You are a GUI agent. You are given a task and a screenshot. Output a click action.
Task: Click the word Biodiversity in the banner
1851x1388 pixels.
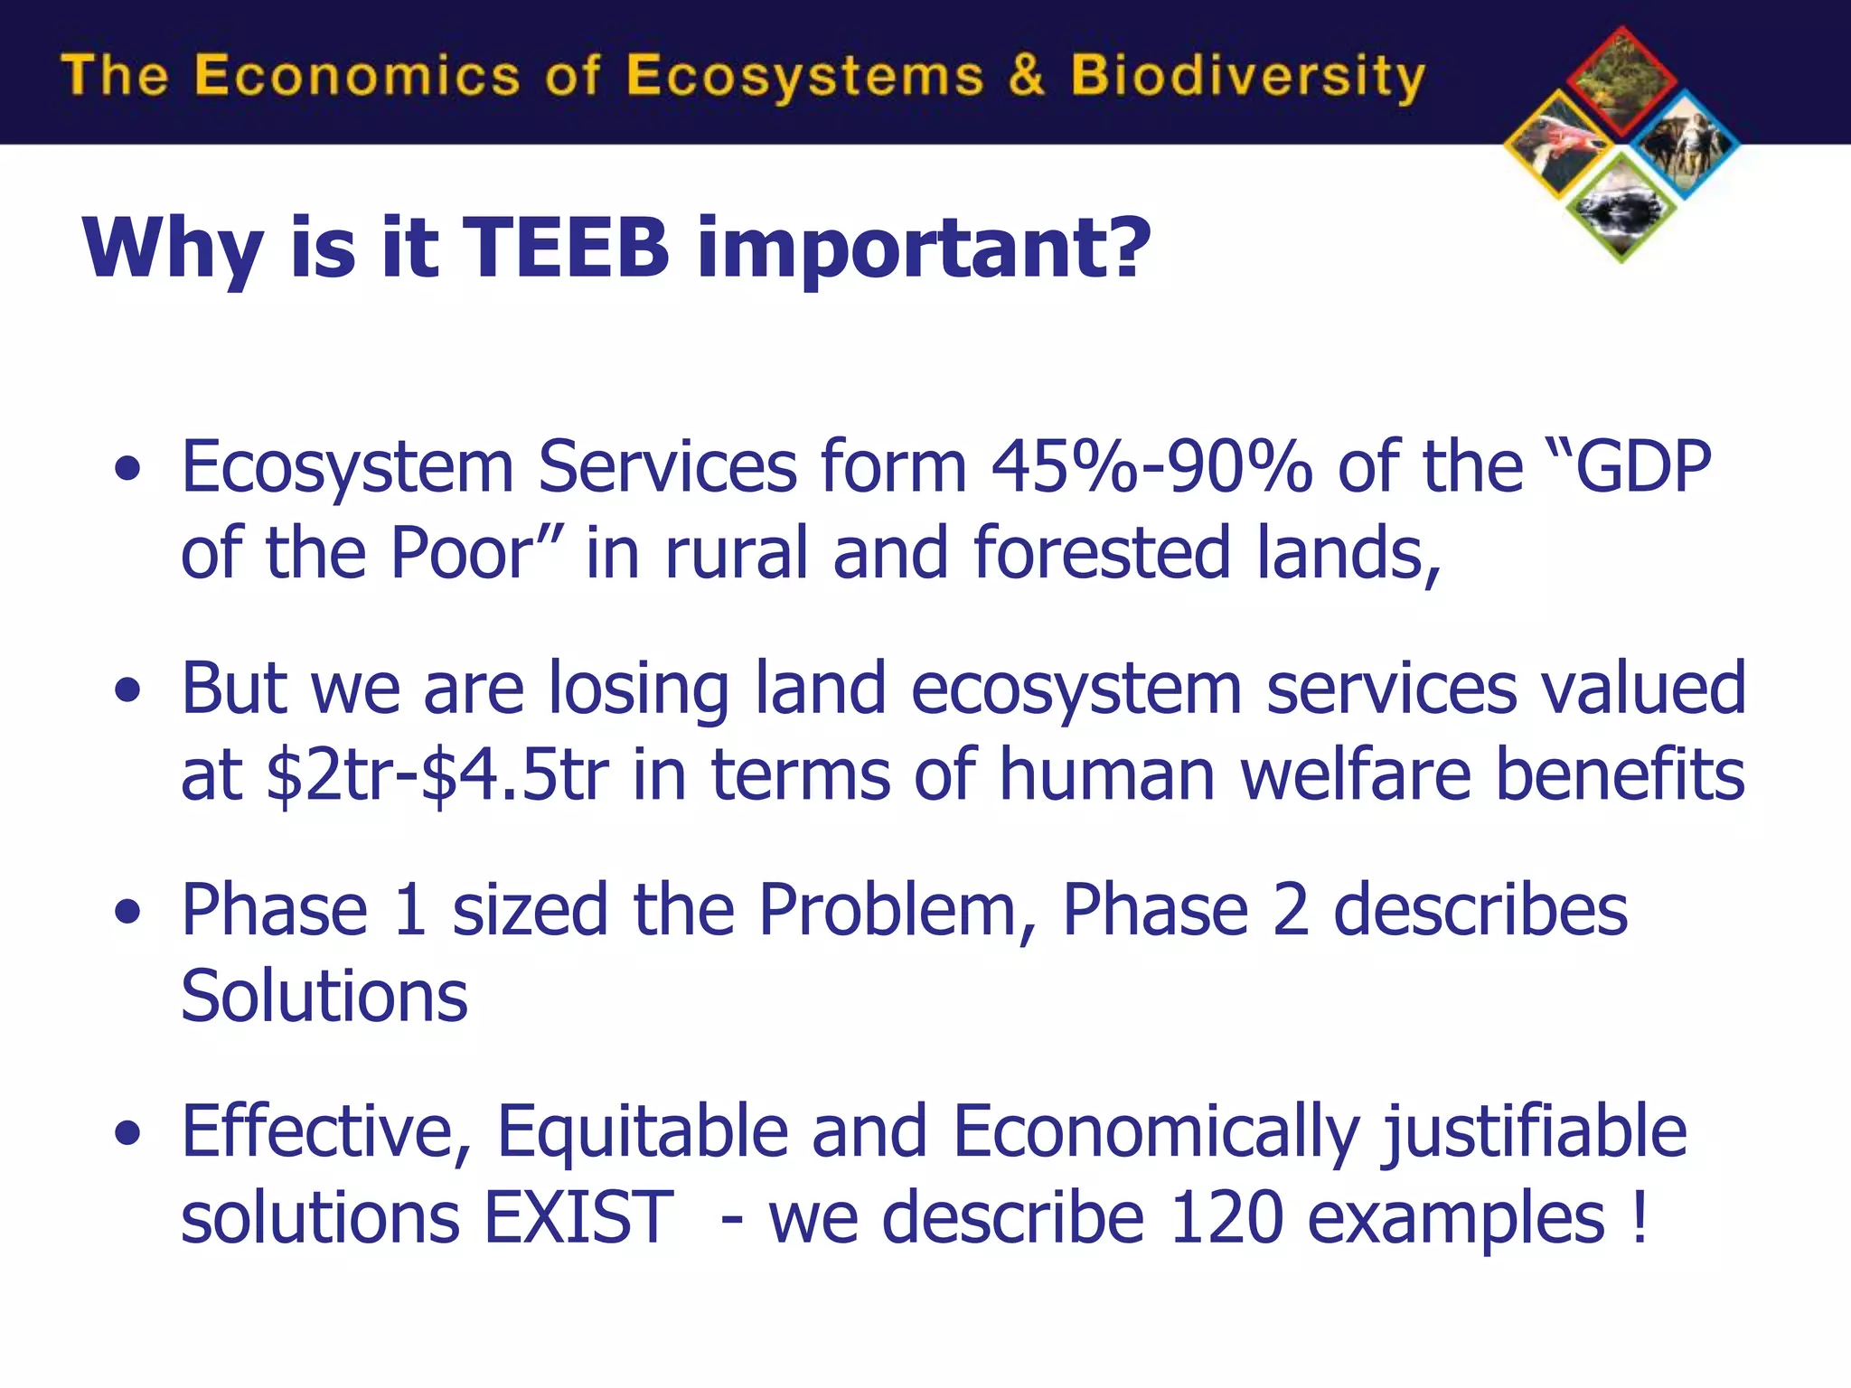[x=1247, y=77]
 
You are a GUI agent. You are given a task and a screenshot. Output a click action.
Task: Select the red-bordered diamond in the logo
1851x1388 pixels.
[x=1621, y=81]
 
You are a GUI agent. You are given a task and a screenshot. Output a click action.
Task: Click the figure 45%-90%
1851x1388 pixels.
[x=1152, y=467]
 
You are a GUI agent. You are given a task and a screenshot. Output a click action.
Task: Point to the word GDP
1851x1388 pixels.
[x=1643, y=467]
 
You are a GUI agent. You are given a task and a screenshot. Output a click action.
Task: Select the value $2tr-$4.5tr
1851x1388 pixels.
[x=438, y=775]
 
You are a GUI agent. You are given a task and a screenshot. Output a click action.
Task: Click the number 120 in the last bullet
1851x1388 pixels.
[x=1226, y=1218]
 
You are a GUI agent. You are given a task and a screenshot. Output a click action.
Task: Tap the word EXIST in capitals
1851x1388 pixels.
[x=578, y=1218]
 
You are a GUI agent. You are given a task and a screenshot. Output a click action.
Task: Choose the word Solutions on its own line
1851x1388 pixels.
[x=324, y=997]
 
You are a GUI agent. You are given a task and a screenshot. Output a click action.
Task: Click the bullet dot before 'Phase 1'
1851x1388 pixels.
[x=128, y=911]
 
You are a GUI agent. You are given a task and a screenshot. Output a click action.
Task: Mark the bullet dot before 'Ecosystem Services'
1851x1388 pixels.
[x=128, y=468]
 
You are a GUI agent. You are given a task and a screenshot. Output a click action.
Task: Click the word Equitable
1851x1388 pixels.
[x=642, y=1131]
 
